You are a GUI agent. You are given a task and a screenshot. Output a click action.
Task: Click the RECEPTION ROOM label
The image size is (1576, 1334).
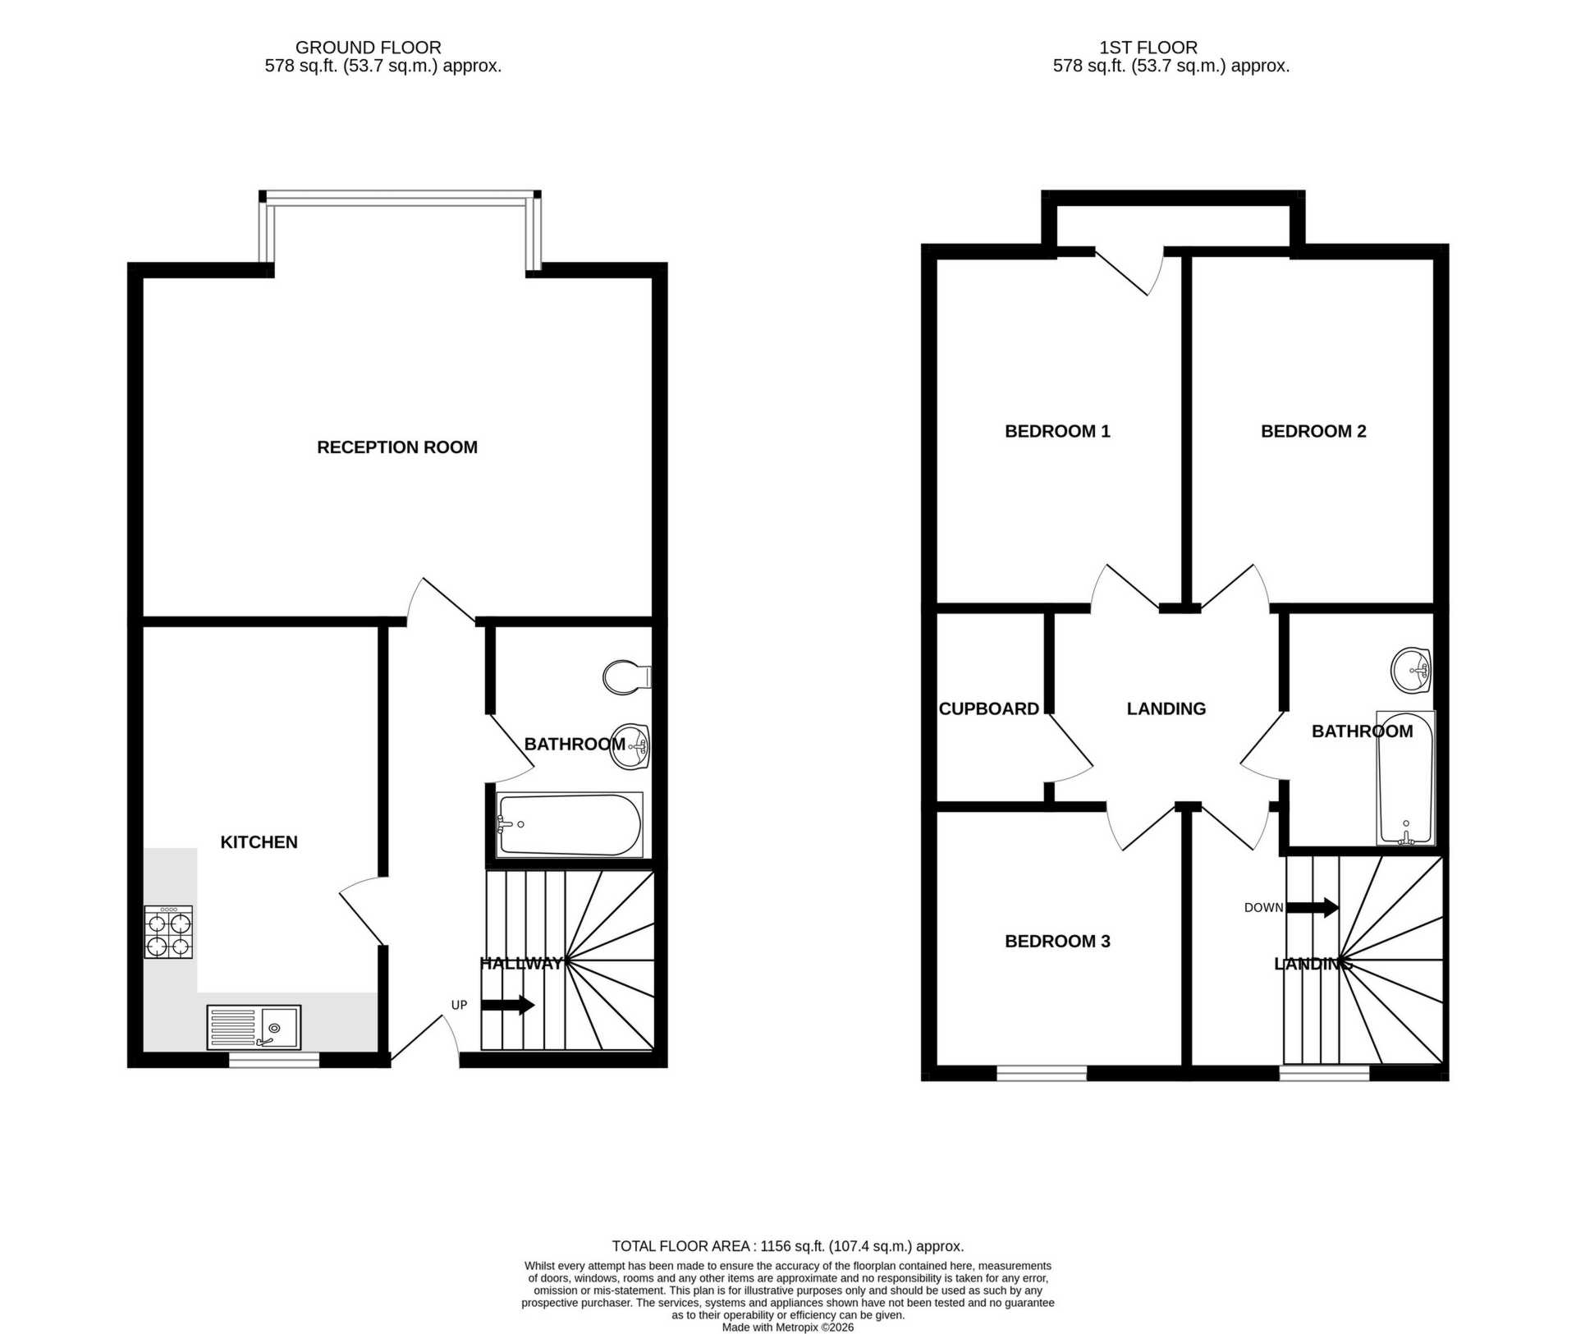tap(397, 447)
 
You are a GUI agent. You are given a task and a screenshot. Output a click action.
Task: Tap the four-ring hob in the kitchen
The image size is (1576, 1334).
tap(168, 932)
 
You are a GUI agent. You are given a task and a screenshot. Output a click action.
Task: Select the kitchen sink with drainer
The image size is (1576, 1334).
tap(254, 1027)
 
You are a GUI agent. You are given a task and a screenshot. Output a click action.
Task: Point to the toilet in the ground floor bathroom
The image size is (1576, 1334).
tap(625, 677)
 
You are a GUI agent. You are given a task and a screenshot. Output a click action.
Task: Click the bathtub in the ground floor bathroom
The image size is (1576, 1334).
tap(569, 824)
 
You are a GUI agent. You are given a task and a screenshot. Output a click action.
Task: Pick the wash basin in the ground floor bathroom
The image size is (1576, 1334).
tap(631, 745)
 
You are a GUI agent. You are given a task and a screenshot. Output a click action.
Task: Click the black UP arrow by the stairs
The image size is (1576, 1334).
tap(507, 1005)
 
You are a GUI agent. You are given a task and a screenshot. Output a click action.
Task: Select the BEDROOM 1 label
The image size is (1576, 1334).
tap(1057, 431)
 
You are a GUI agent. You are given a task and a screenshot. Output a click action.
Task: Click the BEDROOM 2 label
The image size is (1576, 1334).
tap(1313, 431)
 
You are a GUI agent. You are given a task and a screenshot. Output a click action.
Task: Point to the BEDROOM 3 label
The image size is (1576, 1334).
tap(1057, 942)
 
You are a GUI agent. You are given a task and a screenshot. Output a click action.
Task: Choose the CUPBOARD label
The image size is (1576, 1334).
tap(988, 708)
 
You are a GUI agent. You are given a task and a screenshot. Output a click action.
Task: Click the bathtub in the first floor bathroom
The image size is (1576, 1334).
tap(1405, 778)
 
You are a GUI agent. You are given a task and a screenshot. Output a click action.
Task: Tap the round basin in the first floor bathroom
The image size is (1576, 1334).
tap(1412, 670)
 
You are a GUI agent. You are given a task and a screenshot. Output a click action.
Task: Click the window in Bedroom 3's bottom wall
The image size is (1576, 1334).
tap(1042, 1072)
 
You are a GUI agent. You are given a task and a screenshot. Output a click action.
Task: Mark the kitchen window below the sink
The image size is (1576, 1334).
tap(273, 1061)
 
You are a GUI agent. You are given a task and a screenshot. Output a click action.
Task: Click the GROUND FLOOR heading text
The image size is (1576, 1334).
tap(368, 48)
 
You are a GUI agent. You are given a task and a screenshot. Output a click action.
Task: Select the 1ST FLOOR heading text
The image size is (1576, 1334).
tap(1148, 48)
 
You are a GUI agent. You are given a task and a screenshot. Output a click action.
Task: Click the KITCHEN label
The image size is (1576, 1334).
tap(259, 841)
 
